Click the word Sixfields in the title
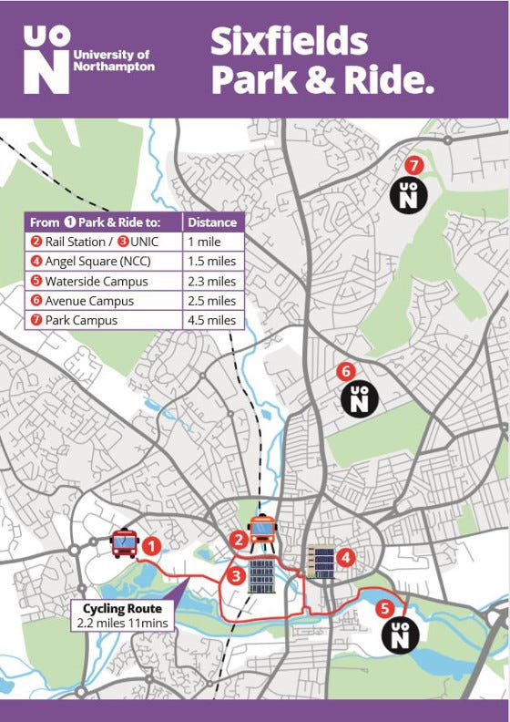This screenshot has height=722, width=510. coord(289,41)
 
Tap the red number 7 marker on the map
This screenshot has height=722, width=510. coord(413,166)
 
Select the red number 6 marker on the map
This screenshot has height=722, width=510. coord(345,371)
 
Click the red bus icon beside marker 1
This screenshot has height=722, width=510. coord(124,544)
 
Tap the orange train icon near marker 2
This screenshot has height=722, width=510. coord(262,529)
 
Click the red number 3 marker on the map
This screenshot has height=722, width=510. coord(236,575)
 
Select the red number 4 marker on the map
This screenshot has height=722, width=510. coord(345,556)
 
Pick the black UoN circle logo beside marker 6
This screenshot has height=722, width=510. coord(359,399)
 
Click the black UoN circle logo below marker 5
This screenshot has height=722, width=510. coord(400,634)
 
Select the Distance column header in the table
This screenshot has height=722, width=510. coord(213,222)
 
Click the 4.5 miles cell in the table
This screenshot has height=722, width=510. coord(212,321)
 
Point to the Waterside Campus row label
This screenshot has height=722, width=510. coord(89,282)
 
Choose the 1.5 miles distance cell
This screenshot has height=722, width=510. coord(212,262)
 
